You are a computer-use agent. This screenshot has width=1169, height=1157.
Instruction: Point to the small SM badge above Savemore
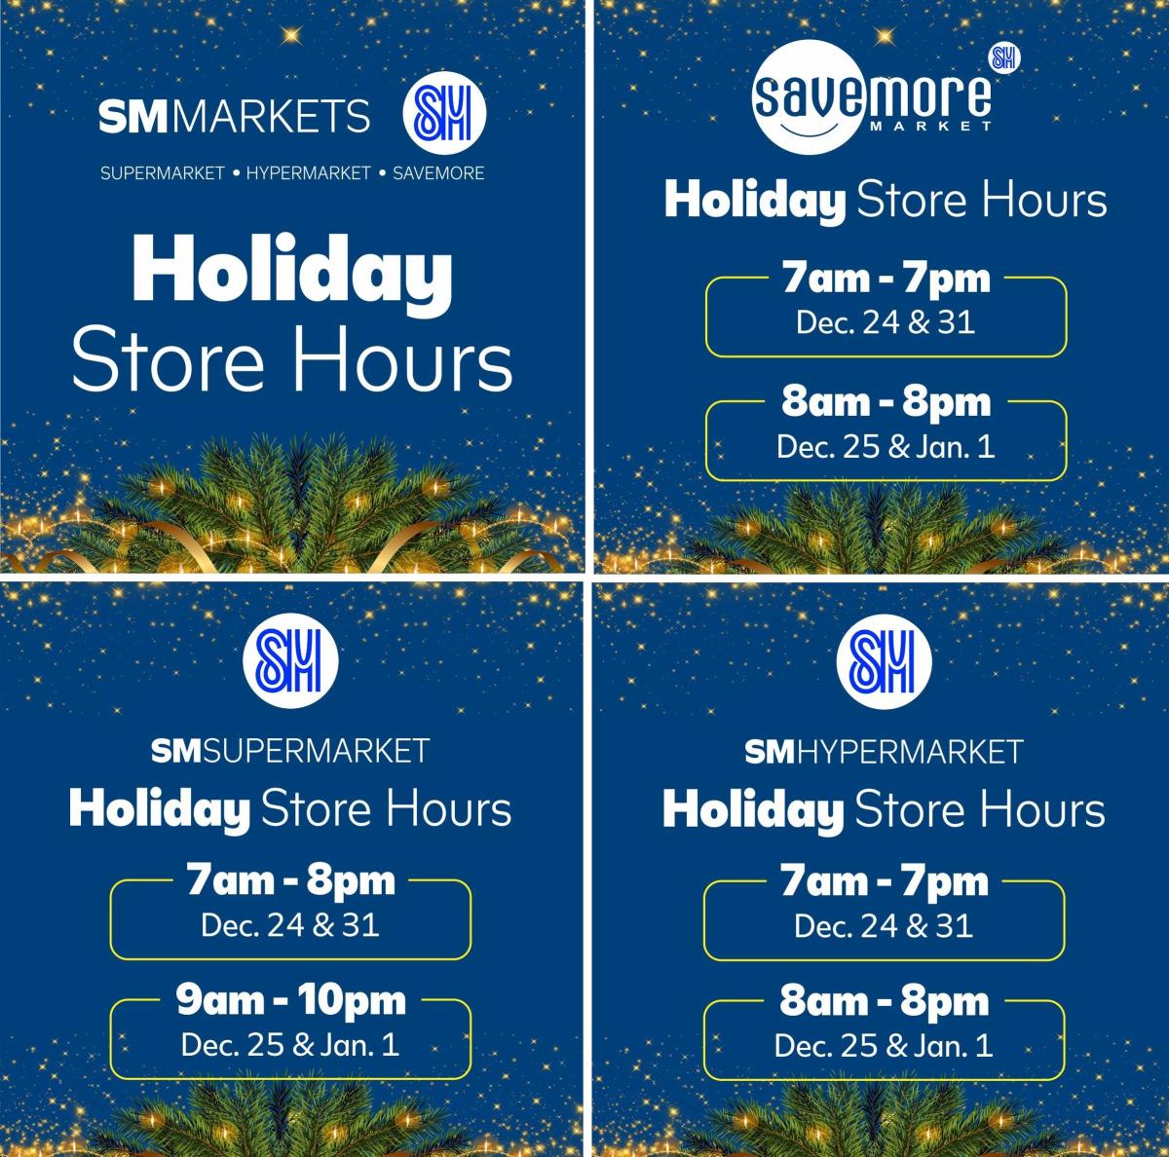click(1002, 57)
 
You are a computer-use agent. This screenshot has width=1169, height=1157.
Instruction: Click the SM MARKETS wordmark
click(234, 118)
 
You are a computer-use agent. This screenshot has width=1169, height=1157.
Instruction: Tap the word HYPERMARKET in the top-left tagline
click(308, 173)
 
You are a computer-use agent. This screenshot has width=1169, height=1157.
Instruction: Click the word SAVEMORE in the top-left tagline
click(438, 173)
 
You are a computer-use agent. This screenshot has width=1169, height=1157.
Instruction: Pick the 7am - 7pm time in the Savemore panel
click(885, 280)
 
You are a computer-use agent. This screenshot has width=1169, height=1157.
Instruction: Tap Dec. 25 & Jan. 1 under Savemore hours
click(885, 447)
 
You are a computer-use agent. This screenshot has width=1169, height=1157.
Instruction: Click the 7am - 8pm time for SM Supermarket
click(290, 880)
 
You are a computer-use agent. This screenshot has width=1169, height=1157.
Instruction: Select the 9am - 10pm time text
click(290, 1000)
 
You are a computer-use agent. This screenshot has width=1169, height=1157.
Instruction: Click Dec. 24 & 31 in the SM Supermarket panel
click(290, 924)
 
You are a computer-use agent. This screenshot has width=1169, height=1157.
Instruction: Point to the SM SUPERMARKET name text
click(290, 751)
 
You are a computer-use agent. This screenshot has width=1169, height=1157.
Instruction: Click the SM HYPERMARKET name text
click(885, 751)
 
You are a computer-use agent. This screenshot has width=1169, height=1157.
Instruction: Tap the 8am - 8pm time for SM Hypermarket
click(885, 1001)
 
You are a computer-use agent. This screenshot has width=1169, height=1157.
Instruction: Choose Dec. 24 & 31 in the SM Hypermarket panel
click(885, 924)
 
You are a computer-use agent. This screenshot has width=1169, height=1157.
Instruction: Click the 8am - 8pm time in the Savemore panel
click(885, 401)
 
